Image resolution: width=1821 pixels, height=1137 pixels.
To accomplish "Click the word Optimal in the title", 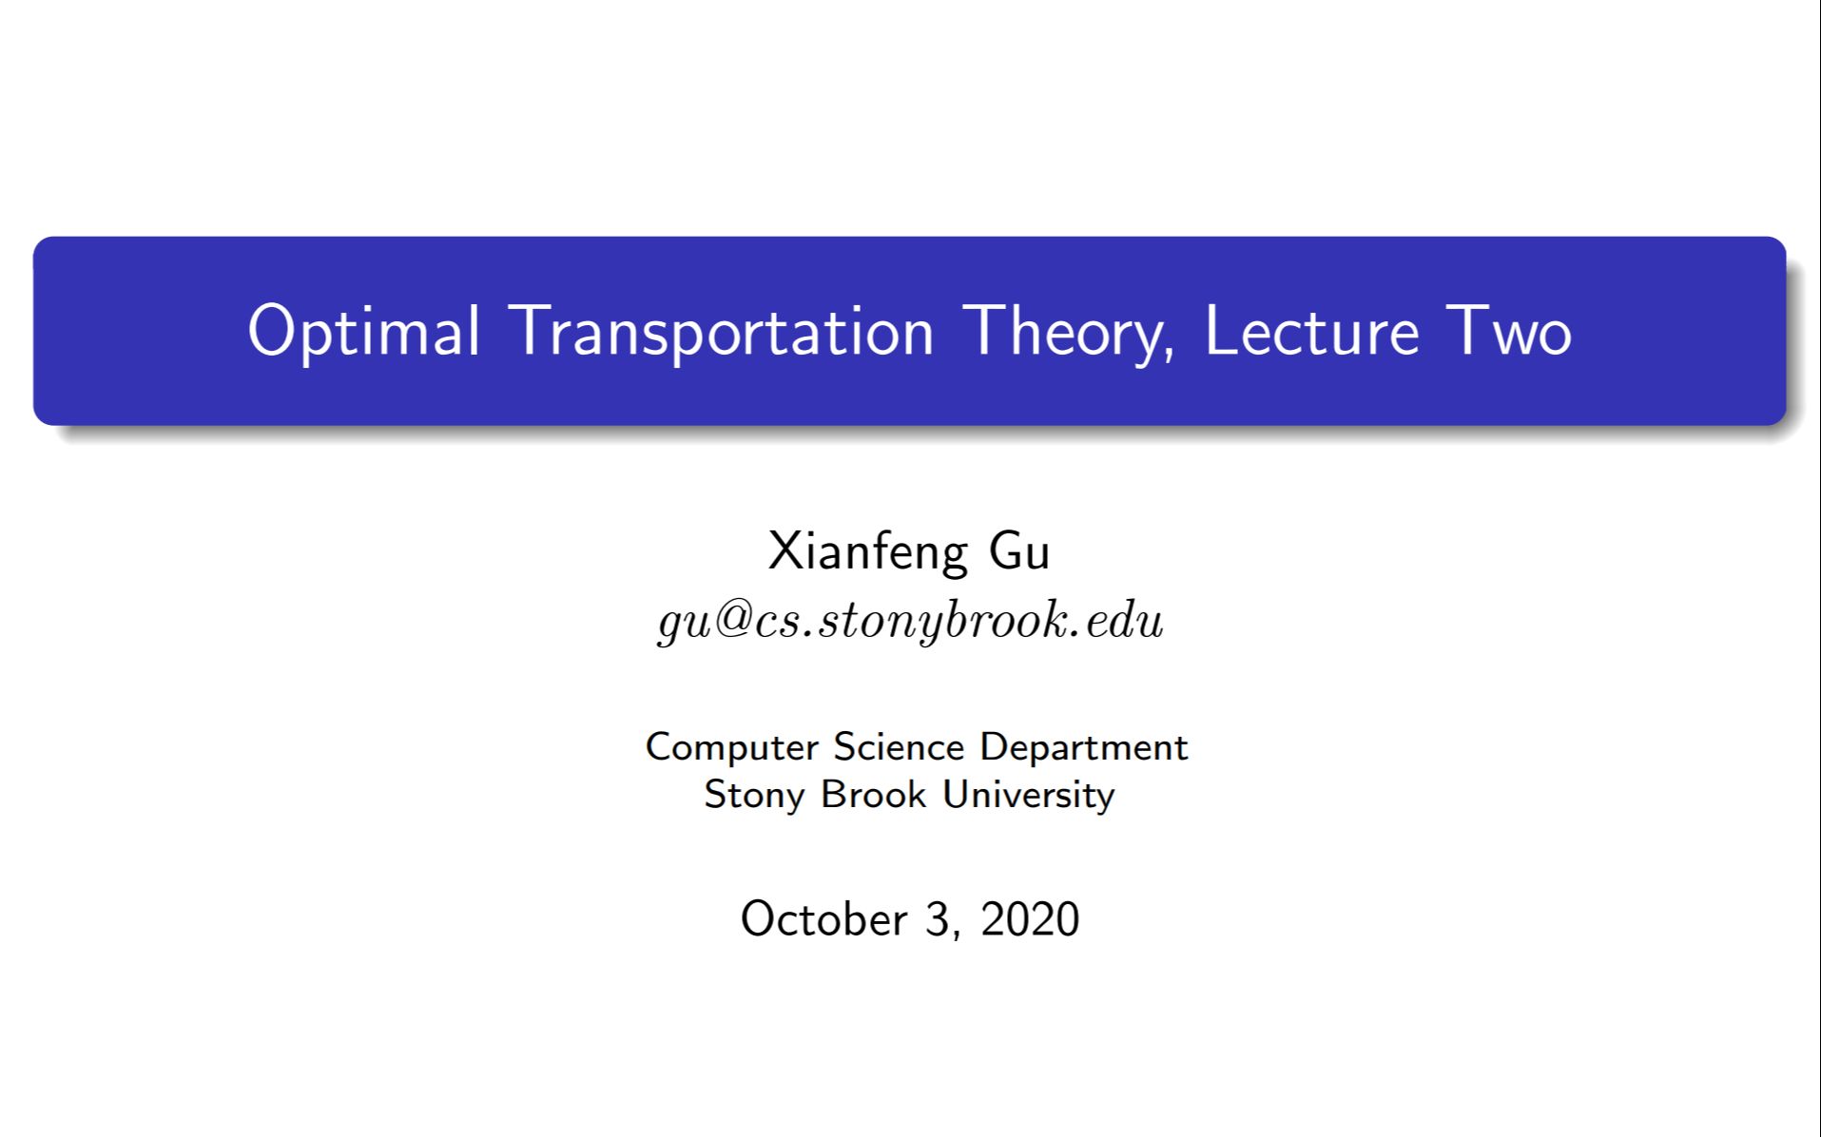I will point(363,332).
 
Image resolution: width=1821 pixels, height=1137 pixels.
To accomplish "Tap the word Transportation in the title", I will point(722,332).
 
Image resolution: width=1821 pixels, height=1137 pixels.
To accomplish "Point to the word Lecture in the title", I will point(1311,332).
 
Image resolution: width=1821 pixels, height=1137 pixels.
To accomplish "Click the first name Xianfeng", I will point(867,551).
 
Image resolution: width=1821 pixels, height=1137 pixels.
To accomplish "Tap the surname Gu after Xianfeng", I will point(1019,551).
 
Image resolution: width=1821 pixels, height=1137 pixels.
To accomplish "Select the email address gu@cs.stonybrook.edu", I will point(910,621).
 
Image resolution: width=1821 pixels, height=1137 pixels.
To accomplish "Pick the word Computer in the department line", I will point(731,747).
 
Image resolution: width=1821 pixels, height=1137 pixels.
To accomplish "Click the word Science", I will point(899,747).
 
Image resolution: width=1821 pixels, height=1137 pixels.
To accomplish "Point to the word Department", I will point(1083,747).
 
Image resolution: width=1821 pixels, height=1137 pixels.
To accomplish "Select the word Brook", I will point(873,795).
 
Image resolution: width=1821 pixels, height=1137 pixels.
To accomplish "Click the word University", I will point(1028,795).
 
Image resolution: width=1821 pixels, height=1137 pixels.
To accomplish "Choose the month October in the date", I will point(823,919).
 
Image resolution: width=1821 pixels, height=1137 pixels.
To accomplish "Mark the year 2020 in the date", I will point(1030,919).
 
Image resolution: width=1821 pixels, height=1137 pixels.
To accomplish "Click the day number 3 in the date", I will point(937,919).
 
